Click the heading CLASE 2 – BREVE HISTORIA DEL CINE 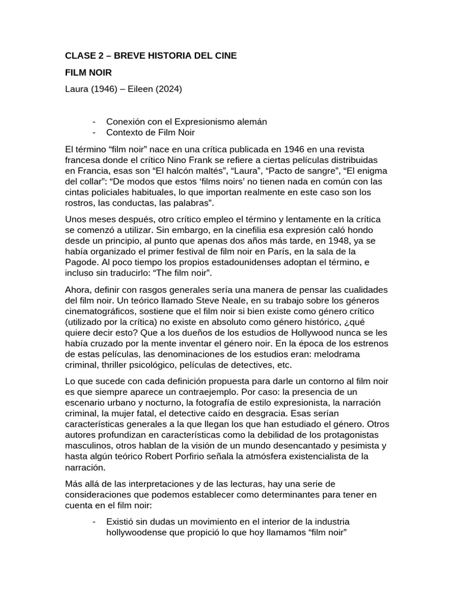(x=150, y=56)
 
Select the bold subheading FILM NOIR (x=88, y=73)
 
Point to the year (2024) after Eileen (x=169, y=90)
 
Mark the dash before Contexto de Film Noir (x=95, y=132)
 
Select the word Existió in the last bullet (x=121, y=522)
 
